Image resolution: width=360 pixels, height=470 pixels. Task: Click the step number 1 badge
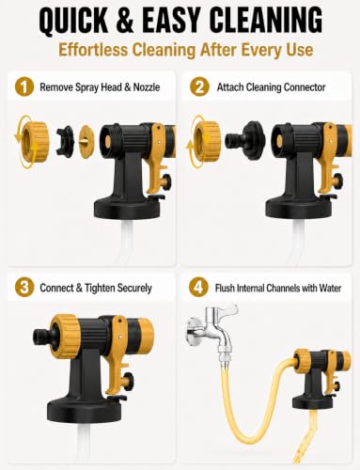24,87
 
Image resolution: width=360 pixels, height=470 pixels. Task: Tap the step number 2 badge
199,87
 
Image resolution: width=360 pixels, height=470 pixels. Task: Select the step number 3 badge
24,288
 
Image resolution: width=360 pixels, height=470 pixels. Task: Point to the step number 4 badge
198,288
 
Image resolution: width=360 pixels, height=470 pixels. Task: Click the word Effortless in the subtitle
93,50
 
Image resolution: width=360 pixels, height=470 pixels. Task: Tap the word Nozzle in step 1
147,86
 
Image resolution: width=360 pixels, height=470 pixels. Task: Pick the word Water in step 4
330,288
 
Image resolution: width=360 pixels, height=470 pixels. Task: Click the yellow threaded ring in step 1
33,141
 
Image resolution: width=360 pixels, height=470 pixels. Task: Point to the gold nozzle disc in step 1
86,141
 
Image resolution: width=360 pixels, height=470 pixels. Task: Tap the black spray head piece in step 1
65,141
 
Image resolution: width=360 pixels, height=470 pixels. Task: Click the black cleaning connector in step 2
245,140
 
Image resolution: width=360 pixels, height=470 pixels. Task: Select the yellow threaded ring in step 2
208,140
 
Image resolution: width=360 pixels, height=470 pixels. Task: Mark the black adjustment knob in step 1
165,180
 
